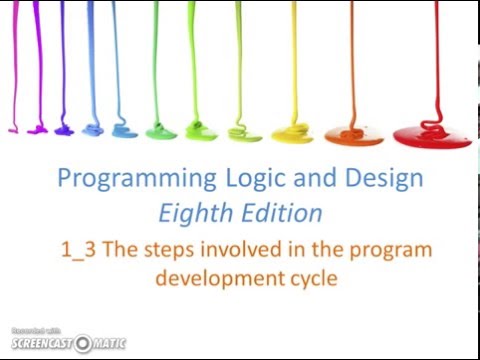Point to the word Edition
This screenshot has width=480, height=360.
282,213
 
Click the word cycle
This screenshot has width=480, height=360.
310,278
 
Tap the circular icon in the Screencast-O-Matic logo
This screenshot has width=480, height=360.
81,344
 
